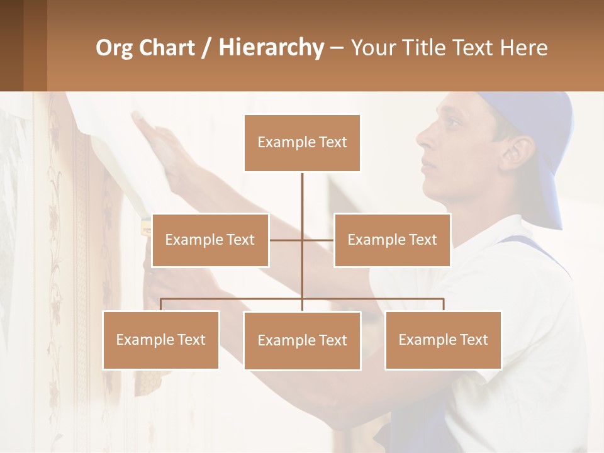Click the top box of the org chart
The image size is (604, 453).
click(x=302, y=143)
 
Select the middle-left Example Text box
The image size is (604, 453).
click(x=210, y=240)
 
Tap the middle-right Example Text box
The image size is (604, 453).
click(x=392, y=240)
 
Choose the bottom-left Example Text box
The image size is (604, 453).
click(x=160, y=340)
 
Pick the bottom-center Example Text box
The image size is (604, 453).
click(x=302, y=340)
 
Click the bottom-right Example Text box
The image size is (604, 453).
click(x=443, y=340)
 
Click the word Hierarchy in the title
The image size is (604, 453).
click(x=271, y=48)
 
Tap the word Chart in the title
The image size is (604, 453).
click(x=167, y=48)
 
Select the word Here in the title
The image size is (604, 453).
click(x=523, y=48)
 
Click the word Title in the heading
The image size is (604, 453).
click(x=428, y=48)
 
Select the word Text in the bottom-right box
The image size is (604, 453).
click(x=473, y=340)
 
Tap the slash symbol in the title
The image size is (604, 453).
click(x=206, y=48)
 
